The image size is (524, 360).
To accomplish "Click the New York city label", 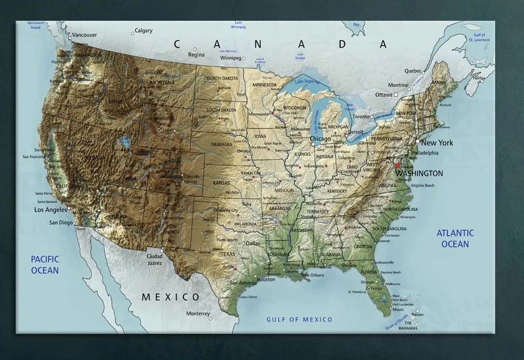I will point(437,143).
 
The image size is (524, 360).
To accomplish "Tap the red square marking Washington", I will point(397,165).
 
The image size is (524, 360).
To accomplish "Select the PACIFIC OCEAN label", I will point(45,264).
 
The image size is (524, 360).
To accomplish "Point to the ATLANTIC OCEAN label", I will point(455,238).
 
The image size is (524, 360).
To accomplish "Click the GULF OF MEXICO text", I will point(299,319).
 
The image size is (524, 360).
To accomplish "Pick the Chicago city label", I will point(320,139).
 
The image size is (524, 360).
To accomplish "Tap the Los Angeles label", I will point(50,210).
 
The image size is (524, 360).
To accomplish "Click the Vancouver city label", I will point(84,35).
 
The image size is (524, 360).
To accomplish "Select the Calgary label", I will point(144,31).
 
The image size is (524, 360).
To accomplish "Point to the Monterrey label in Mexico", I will point(198,314).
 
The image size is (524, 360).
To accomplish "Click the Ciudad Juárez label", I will point(154,259).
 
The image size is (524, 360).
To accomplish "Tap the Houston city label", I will point(266,279).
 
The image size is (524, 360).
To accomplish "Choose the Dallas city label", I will point(253,243).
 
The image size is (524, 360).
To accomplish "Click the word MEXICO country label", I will point(171,297).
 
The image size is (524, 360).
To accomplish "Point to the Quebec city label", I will point(413,70).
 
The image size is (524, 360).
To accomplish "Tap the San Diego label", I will point(61,222).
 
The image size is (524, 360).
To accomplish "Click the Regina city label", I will point(196,55).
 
